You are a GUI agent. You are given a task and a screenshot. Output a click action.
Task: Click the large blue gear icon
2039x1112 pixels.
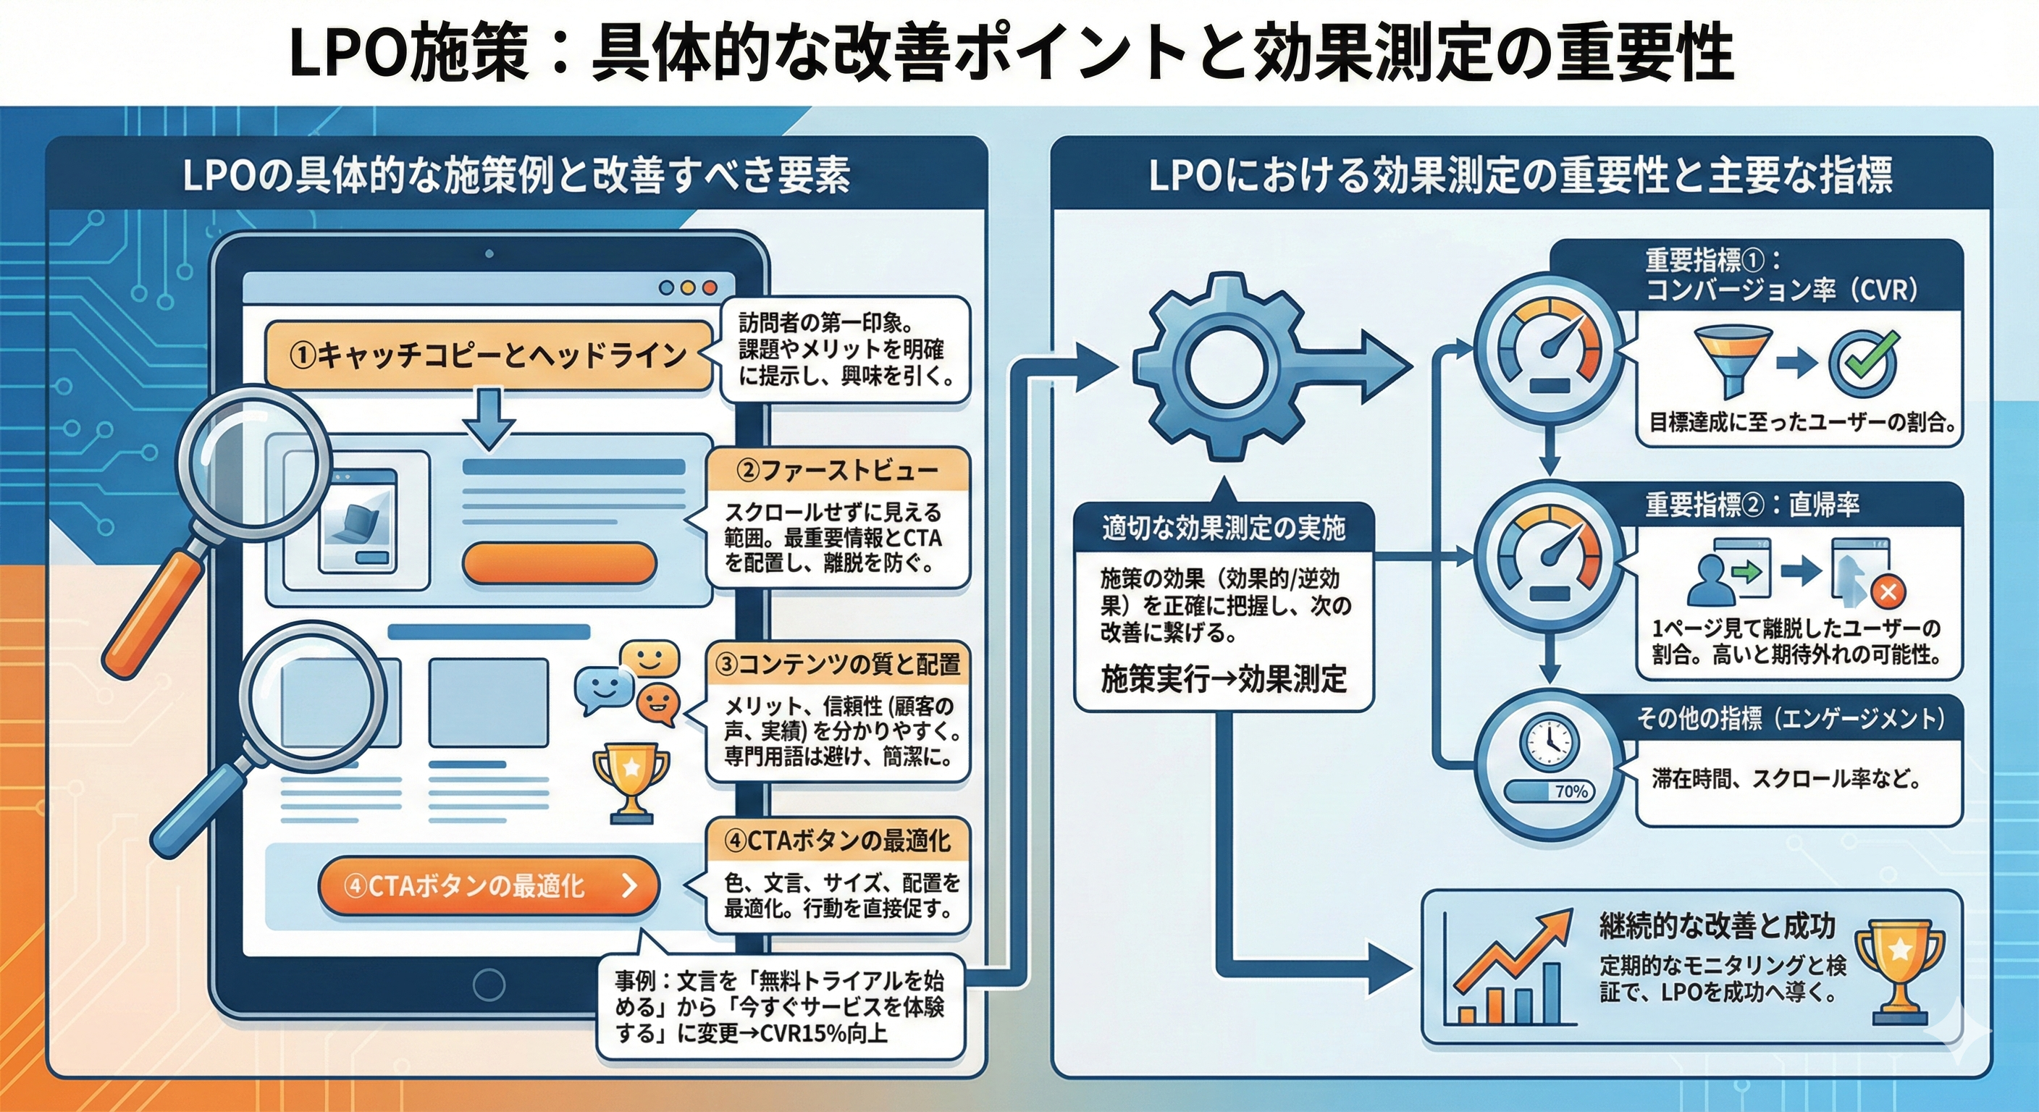1219,366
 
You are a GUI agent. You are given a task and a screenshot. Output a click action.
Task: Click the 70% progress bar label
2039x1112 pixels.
1571,791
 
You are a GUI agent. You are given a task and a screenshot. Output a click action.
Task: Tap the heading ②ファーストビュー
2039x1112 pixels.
838,471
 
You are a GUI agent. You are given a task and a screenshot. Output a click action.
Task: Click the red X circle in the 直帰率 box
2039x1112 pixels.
1888,591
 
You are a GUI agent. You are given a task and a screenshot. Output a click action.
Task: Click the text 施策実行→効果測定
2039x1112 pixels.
1224,678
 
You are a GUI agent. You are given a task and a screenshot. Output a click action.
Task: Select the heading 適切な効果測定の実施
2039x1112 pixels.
1224,527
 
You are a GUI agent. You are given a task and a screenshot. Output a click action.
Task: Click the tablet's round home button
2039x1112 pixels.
488,985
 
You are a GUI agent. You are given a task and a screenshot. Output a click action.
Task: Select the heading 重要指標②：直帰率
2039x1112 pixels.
1752,504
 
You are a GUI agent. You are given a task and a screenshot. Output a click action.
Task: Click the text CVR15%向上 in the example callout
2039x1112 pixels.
823,1034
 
